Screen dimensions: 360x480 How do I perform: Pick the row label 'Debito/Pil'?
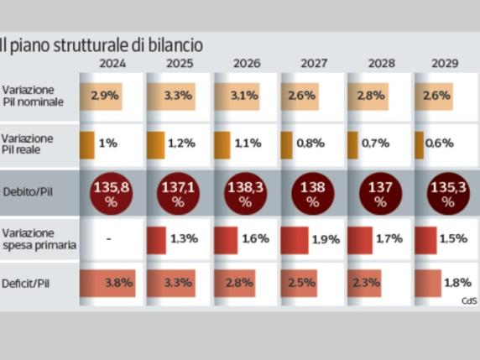pyautogui.click(x=26, y=191)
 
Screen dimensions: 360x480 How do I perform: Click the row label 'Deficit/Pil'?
pyautogui.click(x=26, y=283)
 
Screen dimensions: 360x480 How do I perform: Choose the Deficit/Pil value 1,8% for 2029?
pyautogui.click(x=456, y=283)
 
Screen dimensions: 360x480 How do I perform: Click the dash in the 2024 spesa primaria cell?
pyautogui.click(x=109, y=239)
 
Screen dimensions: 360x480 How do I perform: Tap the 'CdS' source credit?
pyautogui.click(x=467, y=300)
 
